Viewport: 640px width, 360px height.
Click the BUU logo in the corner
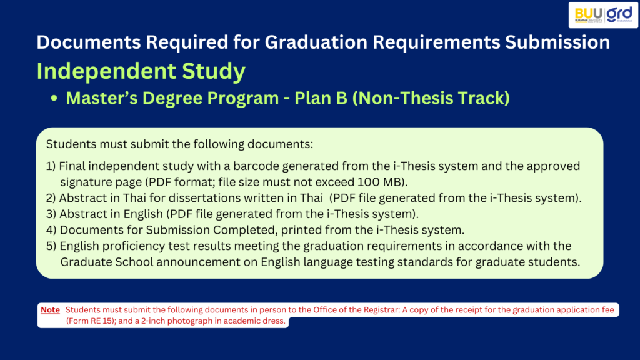point(588,15)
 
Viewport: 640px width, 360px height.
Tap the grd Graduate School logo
point(619,14)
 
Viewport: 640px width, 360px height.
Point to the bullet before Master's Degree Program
point(54,98)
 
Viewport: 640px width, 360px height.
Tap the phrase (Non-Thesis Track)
point(431,98)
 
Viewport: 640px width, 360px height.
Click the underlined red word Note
point(50,310)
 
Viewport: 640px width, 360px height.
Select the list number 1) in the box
point(51,166)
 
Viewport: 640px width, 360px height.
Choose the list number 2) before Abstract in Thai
point(51,198)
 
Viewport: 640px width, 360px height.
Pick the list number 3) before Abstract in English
point(51,214)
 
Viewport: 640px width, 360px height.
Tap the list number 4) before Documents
point(51,230)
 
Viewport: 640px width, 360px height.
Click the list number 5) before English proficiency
point(51,246)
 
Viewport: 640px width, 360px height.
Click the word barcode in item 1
point(256,166)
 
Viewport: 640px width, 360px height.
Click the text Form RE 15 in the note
point(91,321)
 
